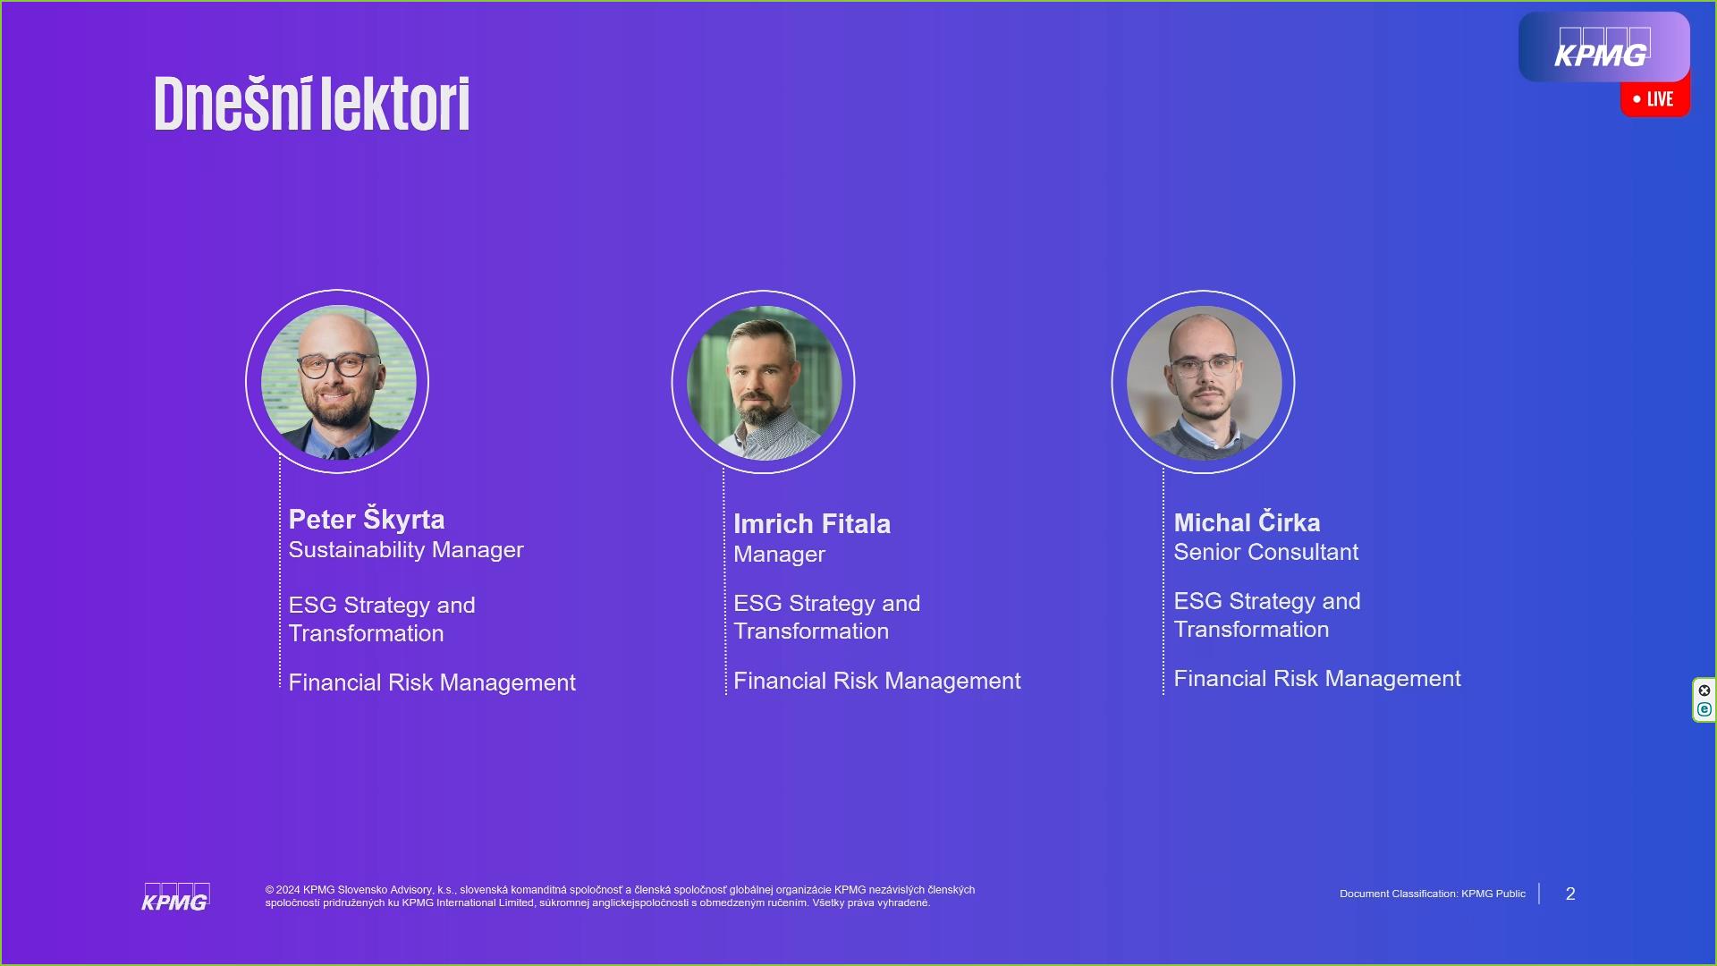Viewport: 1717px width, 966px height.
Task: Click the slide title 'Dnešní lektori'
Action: [x=312, y=104]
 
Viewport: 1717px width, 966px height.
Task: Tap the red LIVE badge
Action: [x=1655, y=99]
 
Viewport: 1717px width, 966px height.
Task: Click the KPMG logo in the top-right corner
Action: [x=1603, y=47]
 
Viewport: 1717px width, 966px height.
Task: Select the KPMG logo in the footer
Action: [x=175, y=897]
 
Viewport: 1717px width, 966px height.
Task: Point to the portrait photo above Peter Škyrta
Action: [x=338, y=382]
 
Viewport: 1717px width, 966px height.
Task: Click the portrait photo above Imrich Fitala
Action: [x=764, y=383]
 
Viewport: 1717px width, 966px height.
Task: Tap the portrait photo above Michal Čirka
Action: [x=1204, y=383]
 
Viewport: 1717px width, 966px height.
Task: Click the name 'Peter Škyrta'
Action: [x=367, y=519]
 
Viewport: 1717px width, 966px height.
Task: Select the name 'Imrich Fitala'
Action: [x=812, y=523]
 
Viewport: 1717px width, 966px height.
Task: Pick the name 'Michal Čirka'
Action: [x=1247, y=521]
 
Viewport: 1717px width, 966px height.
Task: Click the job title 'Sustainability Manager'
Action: [x=406, y=550]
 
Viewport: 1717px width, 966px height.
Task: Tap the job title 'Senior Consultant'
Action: [x=1265, y=552]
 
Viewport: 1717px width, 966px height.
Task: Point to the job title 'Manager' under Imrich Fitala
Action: [x=779, y=555]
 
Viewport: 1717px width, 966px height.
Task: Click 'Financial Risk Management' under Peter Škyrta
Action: [x=432, y=682]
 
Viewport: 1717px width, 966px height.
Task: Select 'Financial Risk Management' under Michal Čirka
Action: [x=1317, y=679]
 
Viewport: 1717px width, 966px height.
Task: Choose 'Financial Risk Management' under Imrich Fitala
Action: [x=877, y=681]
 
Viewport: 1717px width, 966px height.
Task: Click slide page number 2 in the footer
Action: [x=1570, y=894]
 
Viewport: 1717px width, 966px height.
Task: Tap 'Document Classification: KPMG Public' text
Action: [x=1433, y=894]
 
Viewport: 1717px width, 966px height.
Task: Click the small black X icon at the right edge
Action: [x=1704, y=691]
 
